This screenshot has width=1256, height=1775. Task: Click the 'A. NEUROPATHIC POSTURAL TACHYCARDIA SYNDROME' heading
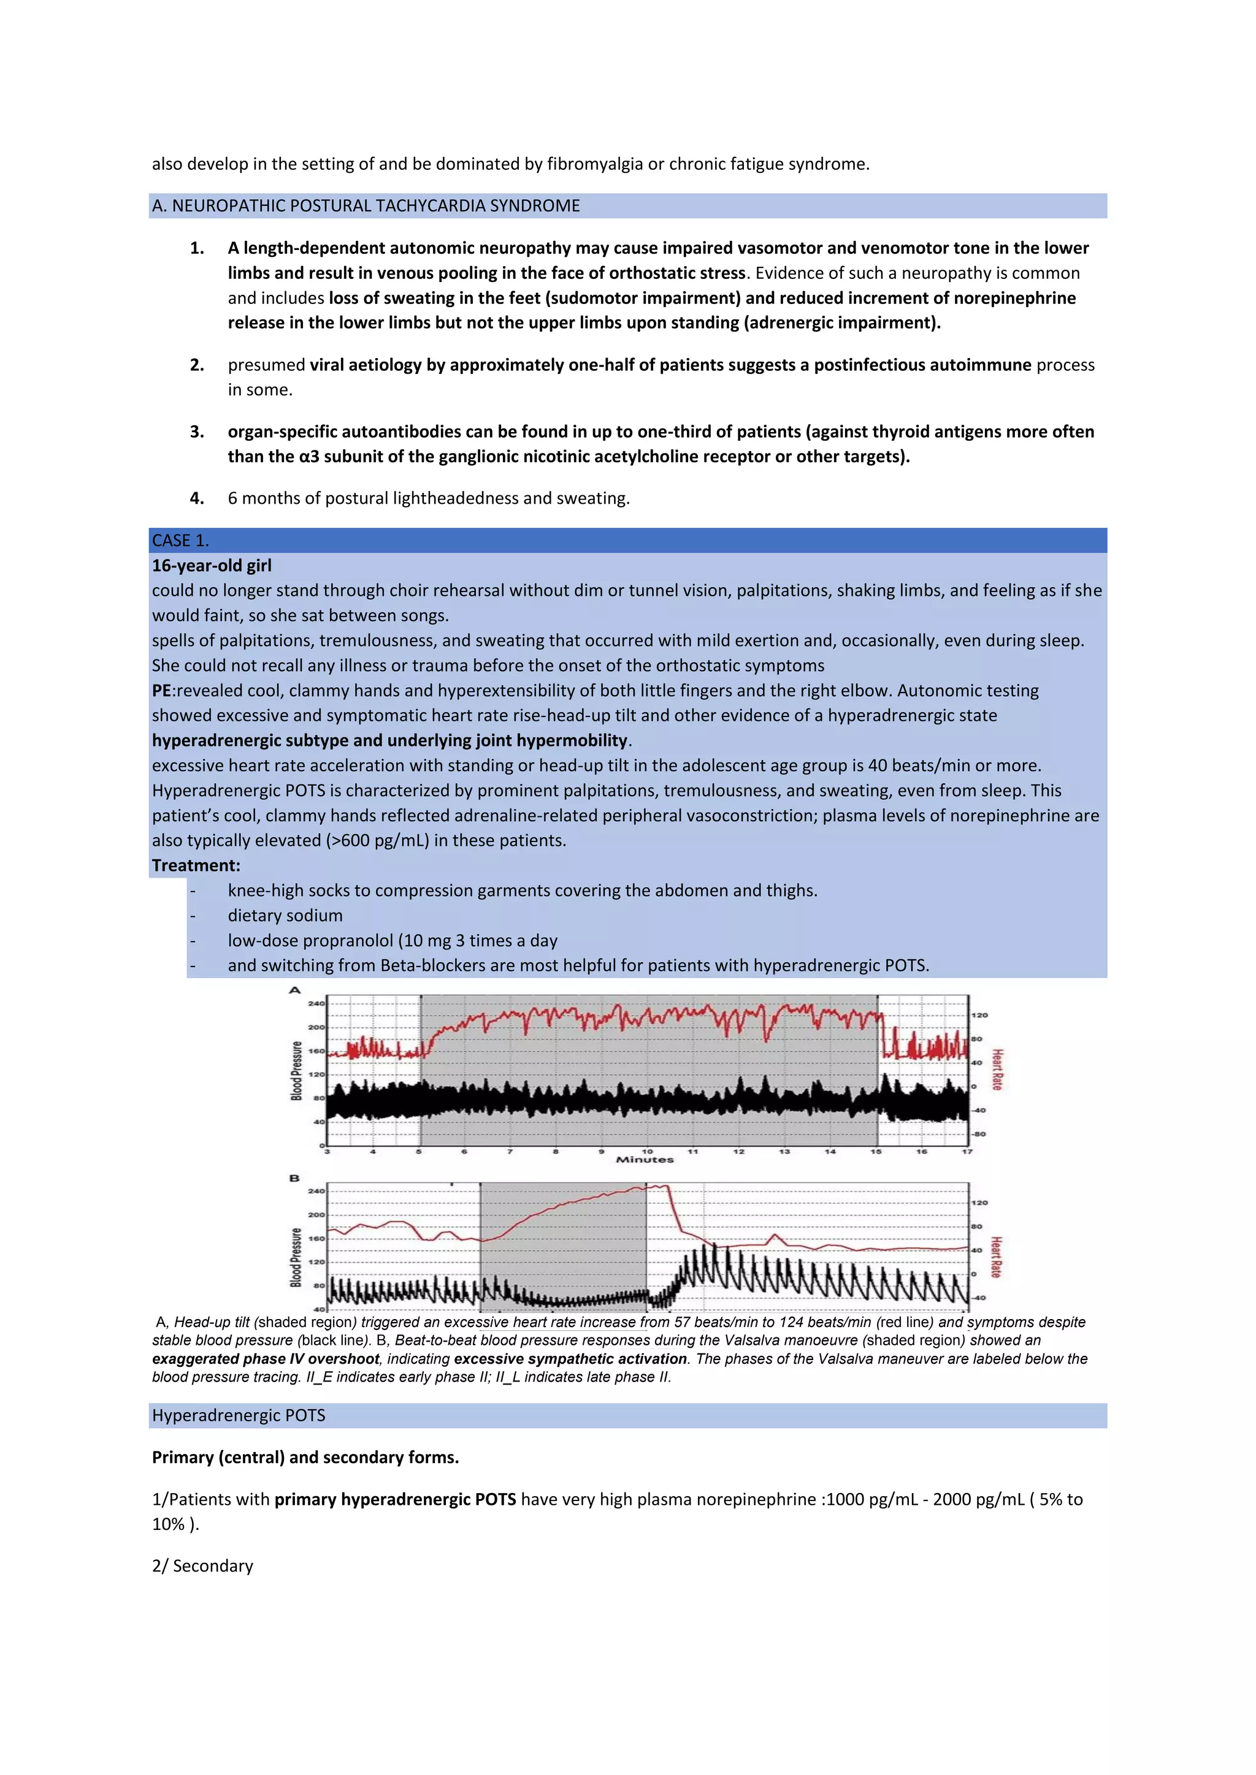366,206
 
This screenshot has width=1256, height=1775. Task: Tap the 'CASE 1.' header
180,541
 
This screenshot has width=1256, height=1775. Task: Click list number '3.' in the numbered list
197,431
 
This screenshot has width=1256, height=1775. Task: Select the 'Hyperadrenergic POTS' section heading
238,1415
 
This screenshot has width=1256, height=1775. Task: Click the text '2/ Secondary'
202,1565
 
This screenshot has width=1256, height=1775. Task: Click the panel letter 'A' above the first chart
294,990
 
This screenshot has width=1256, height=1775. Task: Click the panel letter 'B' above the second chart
294,1178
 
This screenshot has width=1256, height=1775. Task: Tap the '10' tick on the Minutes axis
648,1151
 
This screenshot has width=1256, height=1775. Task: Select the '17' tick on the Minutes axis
967,1151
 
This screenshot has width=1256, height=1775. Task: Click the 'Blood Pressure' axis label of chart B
296,1257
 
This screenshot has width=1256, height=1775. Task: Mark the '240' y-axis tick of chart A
316,1003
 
